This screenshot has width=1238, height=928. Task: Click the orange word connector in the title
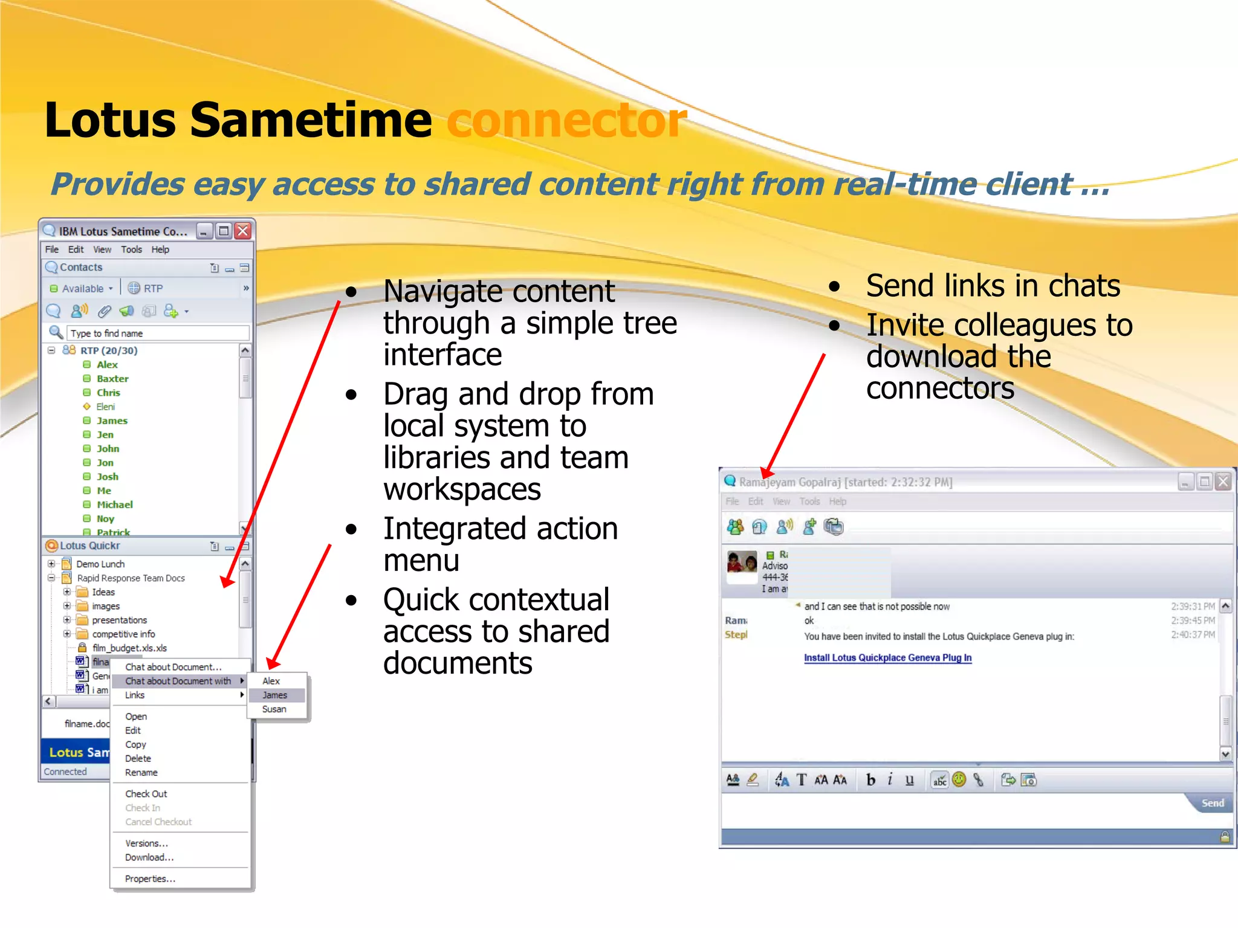(566, 120)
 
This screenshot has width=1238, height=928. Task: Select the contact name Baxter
(112, 379)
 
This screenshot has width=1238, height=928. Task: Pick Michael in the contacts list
(114, 504)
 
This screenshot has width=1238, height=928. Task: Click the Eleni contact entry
(105, 407)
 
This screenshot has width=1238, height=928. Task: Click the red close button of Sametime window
(243, 231)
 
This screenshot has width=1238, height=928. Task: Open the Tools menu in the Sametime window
(131, 250)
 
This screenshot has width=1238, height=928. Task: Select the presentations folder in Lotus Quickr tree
(119, 620)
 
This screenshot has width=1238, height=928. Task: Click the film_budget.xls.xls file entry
(129, 648)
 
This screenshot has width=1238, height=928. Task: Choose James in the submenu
(275, 695)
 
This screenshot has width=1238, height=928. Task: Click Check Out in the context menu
(146, 794)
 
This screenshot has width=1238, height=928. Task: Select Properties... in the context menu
(150, 879)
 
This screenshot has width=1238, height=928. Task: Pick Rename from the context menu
(141, 773)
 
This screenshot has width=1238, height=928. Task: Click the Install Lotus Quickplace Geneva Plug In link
(887, 658)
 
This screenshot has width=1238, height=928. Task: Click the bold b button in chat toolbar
(870, 780)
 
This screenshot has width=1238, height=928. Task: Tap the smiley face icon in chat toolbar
(959, 780)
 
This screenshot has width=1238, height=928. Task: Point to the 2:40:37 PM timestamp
(1192, 635)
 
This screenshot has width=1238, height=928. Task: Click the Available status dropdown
(82, 289)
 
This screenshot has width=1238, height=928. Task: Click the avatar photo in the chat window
(742, 562)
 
